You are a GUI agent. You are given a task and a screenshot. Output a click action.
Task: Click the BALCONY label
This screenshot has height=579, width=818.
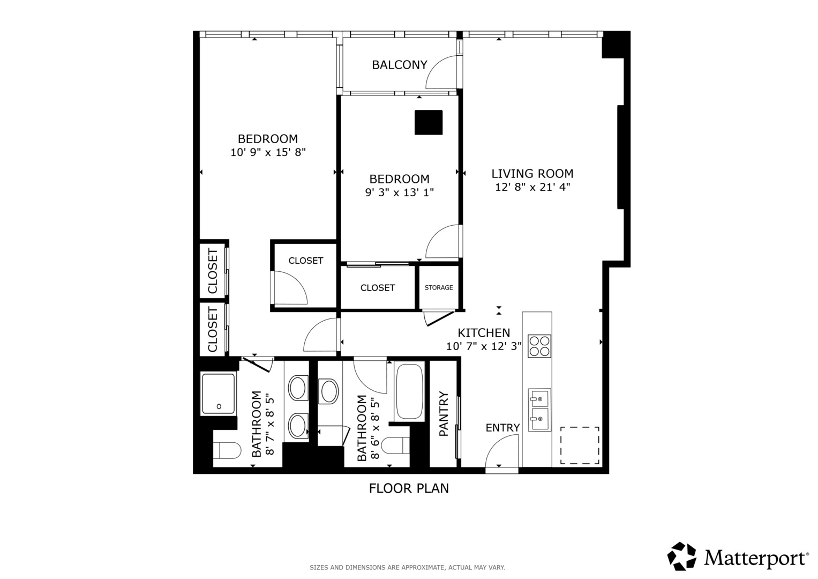click(400, 65)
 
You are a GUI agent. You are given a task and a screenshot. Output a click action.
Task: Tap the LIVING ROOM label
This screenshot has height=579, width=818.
click(532, 174)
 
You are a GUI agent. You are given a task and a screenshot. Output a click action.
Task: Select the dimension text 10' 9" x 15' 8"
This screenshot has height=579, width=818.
click(268, 152)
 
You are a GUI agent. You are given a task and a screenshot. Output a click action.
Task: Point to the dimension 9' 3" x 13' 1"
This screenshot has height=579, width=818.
click(400, 192)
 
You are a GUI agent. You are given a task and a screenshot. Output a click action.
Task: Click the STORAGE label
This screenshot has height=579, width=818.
click(439, 288)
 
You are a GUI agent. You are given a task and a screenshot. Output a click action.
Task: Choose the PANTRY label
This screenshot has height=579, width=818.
click(444, 414)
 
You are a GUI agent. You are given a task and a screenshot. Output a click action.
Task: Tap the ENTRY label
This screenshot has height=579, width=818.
click(502, 428)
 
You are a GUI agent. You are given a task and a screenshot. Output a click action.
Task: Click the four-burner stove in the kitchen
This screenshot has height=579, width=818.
click(539, 346)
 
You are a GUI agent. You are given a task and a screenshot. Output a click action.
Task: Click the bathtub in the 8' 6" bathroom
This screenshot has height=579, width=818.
click(409, 391)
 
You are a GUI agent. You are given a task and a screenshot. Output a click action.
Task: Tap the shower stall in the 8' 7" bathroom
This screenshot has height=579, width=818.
click(219, 394)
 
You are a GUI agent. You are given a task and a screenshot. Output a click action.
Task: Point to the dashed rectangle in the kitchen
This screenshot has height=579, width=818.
click(580, 445)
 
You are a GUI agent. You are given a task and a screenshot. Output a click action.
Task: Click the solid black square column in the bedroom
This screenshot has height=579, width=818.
click(429, 122)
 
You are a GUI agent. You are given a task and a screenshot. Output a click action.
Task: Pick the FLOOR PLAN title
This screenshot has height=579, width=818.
click(409, 488)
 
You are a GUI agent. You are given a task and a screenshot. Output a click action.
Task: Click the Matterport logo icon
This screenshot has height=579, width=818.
click(682, 556)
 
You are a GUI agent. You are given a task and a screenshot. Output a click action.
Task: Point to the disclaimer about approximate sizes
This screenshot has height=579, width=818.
click(408, 568)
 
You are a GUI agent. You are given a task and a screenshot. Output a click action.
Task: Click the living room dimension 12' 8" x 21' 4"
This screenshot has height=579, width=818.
click(532, 187)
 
